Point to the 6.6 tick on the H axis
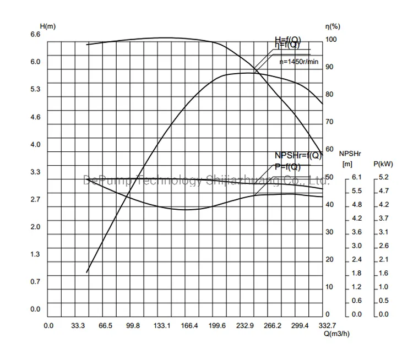[x=35, y=34]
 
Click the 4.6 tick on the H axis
[x=35, y=117]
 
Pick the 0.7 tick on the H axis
[x=35, y=282]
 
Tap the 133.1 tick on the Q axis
[x=161, y=326]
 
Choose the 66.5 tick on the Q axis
[x=105, y=326]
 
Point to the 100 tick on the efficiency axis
[x=331, y=40]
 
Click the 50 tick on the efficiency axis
[x=329, y=177]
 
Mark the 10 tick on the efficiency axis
[x=329, y=287]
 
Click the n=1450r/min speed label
[x=299, y=62]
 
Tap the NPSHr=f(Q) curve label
[x=297, y=155]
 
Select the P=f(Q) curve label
[x=287, y=167]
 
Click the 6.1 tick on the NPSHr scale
[x=357, y=177]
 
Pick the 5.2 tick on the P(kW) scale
[x=384, y=177]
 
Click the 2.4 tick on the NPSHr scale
[x=357, y=260]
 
